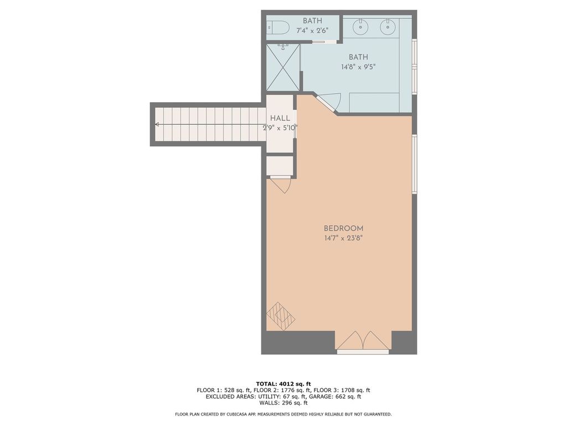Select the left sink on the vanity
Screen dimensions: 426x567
pyautogui.click(x=360, y=26)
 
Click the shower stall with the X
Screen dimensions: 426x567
pyautogui.click(x=283, y=68)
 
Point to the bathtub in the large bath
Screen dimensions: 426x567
pyautogui.click(x=374, y=102)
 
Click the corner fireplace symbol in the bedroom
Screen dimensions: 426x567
pyautogui.click(x=281, y=317)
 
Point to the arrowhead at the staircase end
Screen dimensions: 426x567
pyautogui.click(x=158, y=125)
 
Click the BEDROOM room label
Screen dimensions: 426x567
pyautogui.click(x=343, y=229)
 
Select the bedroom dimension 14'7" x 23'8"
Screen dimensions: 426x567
pyautogui.click(x=343, y=239)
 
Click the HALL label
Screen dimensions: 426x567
pyautogui.click(x=280, y=118)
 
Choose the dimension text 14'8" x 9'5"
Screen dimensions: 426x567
pyautogui.click(x=358, y=67)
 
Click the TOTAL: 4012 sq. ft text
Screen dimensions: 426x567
pyautogui.click(x=283, y=383)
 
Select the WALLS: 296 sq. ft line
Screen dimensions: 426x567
pyautogui.click(x=283, y=403)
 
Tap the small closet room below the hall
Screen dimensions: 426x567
pyautogui.click(x=280, y=166)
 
